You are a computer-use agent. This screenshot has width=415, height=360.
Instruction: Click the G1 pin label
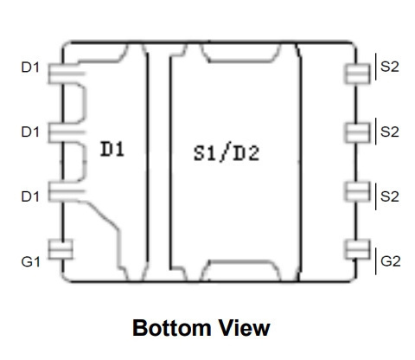tap(31, 262)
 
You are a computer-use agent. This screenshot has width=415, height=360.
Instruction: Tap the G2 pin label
tap(391, 261)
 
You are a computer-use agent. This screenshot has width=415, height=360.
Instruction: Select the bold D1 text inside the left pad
tap(112, 149)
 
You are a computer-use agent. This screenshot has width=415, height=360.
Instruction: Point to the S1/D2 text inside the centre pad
tap(227, 153)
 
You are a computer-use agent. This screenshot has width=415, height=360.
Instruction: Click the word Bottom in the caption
tap(172, 328)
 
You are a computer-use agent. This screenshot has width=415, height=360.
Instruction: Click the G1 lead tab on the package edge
tap(61, 249)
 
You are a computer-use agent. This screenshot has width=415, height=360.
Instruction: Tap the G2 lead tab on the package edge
tap(358, 249)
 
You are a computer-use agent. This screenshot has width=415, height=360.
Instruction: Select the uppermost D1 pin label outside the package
tap(30, 67)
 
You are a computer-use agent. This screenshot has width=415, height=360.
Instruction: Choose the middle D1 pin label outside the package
tap(30, 132)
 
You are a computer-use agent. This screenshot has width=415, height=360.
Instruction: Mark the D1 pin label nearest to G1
tap(30, 196)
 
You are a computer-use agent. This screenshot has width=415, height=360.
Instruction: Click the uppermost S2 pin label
tap(390, 67)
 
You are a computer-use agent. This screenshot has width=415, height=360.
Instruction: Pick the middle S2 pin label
tap(390, 132)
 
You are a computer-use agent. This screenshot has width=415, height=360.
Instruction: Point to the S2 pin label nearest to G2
tap(390, 196)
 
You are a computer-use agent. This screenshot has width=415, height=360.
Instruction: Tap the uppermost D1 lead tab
tap(67, 74)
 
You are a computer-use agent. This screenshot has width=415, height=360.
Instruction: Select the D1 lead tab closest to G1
tap(67, 191)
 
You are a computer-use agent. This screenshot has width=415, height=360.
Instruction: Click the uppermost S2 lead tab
tap(358, 74)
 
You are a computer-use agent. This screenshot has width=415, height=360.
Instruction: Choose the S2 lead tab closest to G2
tap(358, 191)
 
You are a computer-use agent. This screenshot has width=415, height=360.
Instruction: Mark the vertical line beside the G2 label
tap(375, 261)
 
